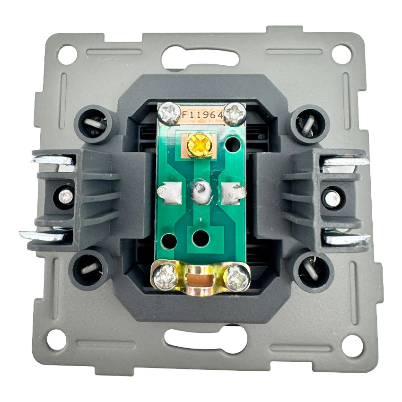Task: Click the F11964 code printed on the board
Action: (202, 115)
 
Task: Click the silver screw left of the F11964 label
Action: (169, 113)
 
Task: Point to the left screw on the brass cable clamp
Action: (165, 278)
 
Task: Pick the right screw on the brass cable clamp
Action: (236, 278)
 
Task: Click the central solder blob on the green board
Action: (202, 192)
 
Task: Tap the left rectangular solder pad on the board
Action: (170, 193)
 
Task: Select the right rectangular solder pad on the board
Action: (233, 193)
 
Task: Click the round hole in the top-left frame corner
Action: (67, 54)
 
